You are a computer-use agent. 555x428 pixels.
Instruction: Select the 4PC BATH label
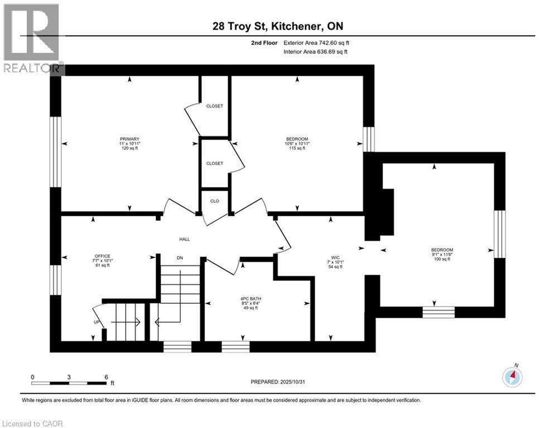click(x=247, y=299)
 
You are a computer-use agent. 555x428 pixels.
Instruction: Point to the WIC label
click(x=335, y=258)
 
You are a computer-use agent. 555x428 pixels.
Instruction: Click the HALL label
click(x=184, y=239)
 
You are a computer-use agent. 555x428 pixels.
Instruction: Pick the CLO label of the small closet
click(x=215, y=201)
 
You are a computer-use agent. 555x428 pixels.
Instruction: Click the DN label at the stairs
click(x=180, y=258)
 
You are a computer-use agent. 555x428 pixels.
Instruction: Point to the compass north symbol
click(x=512, y=377)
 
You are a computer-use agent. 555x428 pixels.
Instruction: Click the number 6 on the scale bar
click(x=105, y=377)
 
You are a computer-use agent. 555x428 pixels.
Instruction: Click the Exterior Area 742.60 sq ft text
click(x=317, y=42)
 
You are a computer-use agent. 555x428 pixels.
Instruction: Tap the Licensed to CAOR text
click(x=33, y=424)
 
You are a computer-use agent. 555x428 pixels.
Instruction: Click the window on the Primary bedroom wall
click(x=55, y=152)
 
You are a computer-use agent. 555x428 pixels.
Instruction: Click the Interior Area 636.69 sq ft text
click(x=316, y=52)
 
